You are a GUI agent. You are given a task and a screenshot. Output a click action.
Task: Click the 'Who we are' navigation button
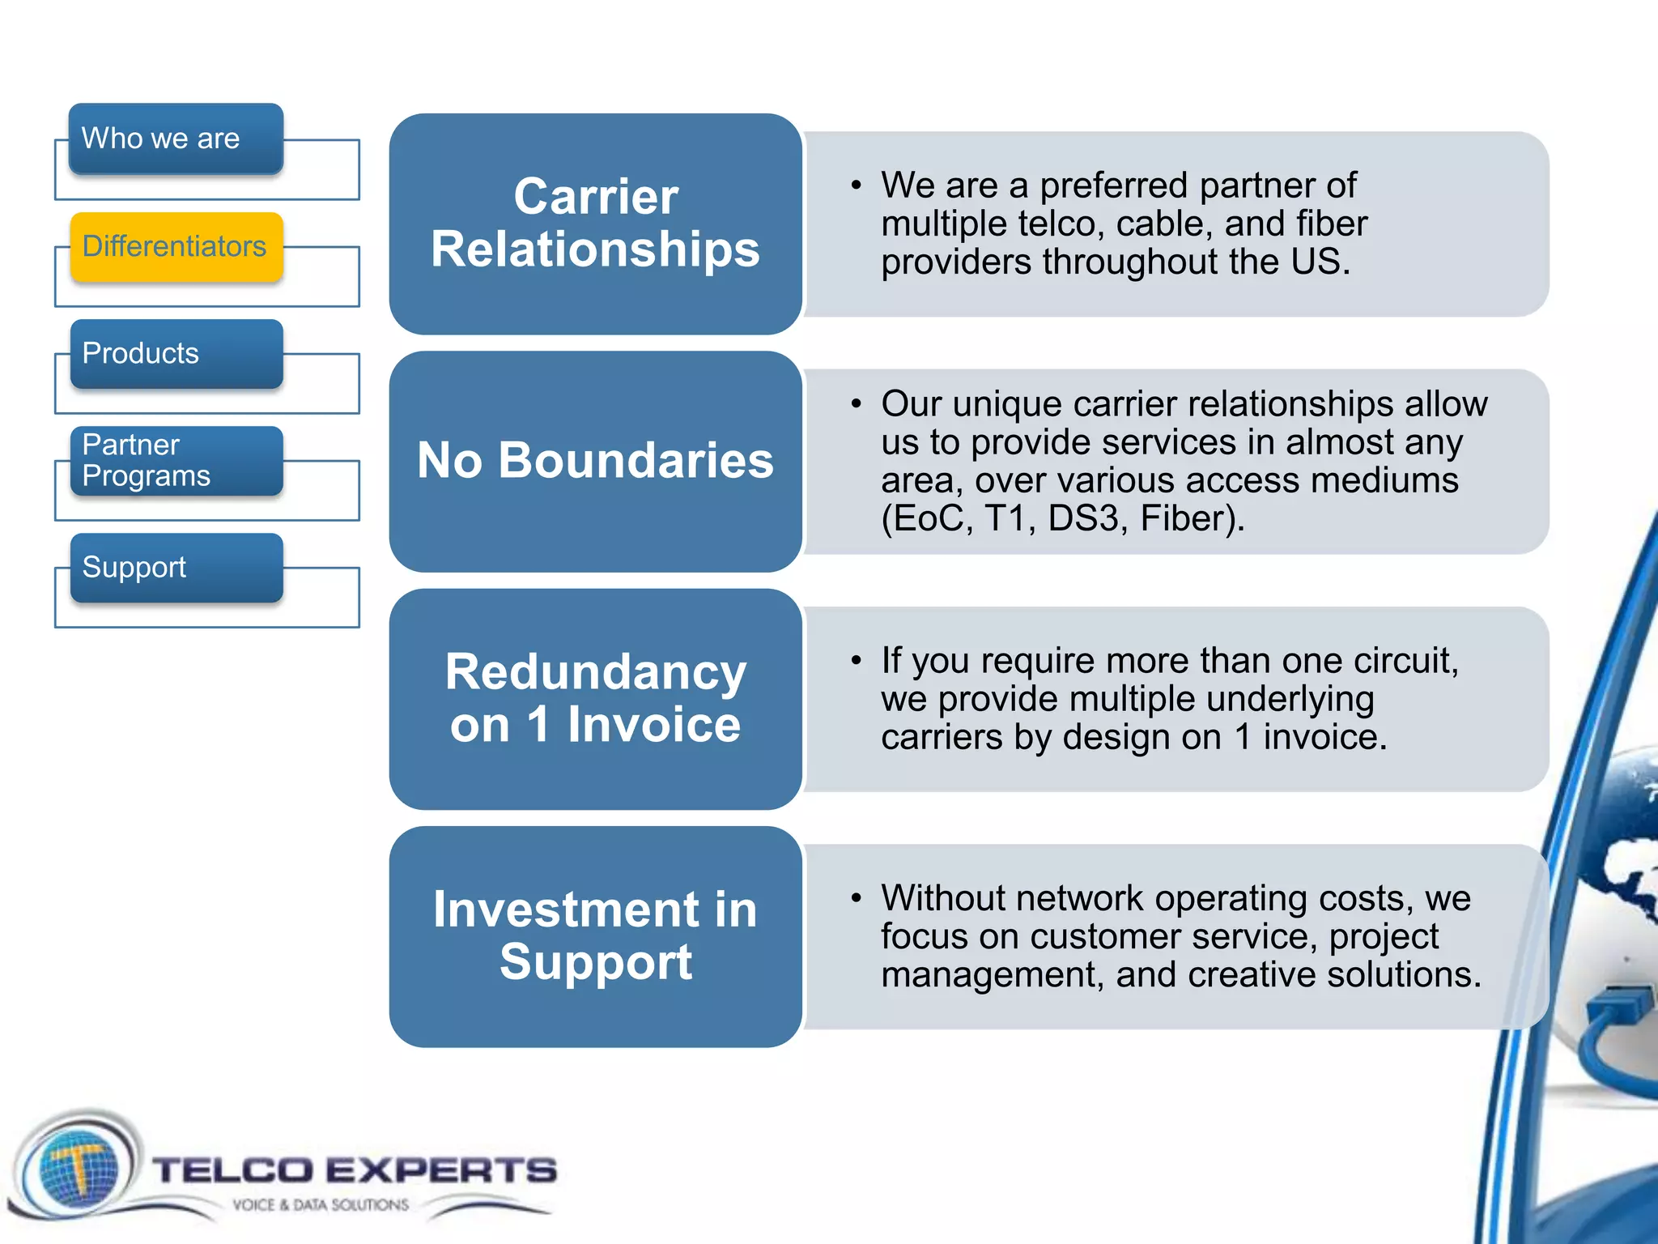pyautogui.click(x=176, y=138)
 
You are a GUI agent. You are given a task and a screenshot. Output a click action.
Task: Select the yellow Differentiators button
pyautogui.click(x=176, y=246)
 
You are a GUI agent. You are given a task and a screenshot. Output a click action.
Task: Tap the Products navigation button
pyautogui.click(x=176, y=354)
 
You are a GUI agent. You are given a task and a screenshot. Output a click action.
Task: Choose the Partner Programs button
pyautogui.click(x=176, y=461)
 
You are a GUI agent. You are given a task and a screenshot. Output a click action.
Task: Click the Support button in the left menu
pyautogui.click(x=176, y=568)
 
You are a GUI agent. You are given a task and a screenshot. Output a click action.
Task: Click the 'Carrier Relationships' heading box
pyautogui.click(x=595, y=224)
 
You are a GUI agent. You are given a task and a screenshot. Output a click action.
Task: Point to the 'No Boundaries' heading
pyautogui.click(x=595, y=461)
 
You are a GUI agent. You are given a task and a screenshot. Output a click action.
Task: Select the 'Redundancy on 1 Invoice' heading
pyautogui.click(x=595, y=698)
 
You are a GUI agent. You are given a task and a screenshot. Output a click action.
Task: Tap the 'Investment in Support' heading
pyautogui.click(x=595, y=936)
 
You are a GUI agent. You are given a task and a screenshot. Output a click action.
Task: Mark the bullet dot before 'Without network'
pyautogui.click(x=856, y=897)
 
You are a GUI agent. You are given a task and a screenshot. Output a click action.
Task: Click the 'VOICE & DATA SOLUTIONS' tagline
pyautogui.click(x=321, y=1205)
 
